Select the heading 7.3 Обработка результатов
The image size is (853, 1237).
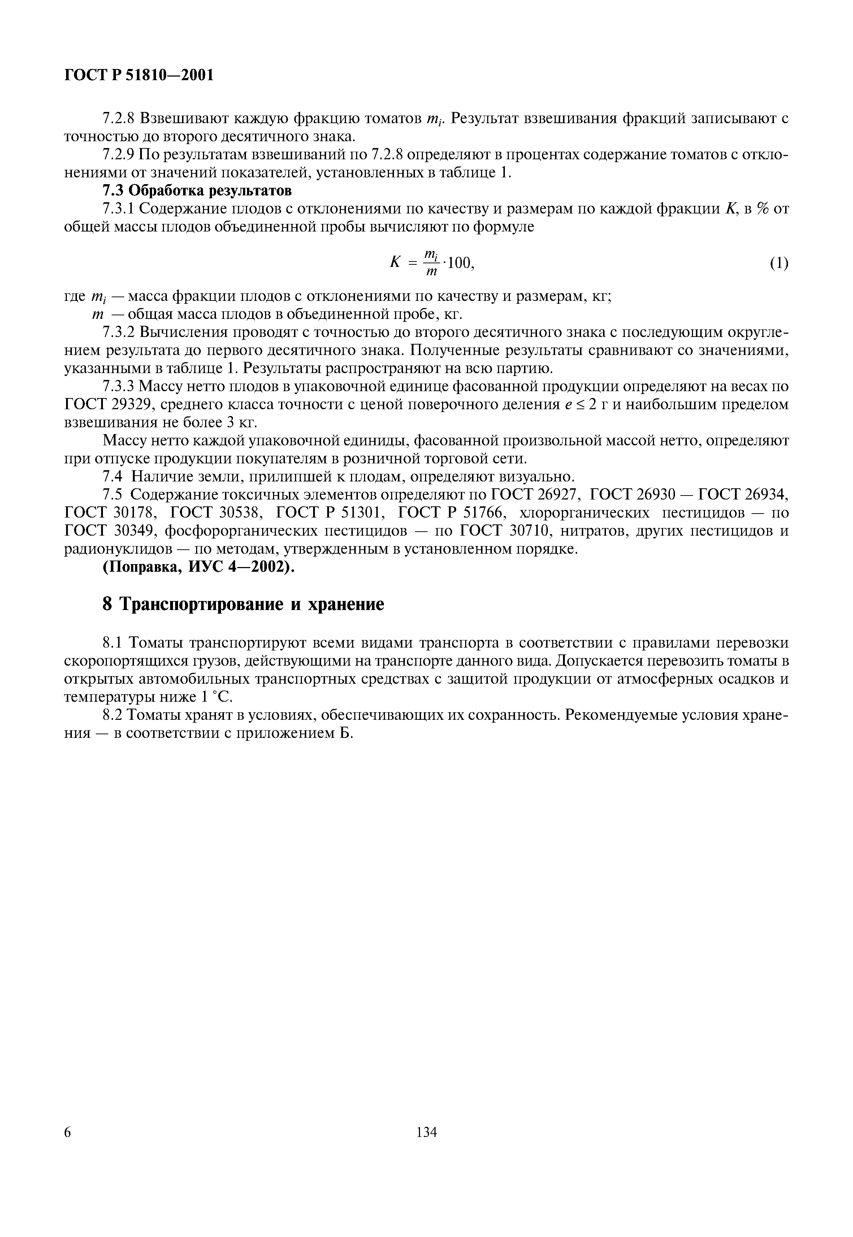click(x=197, y=190)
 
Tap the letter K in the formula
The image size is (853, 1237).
click(x=395, y=262)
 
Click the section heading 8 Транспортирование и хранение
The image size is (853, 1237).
click(x=243, y=604)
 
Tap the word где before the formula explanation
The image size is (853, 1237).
click(x=75, y=297)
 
